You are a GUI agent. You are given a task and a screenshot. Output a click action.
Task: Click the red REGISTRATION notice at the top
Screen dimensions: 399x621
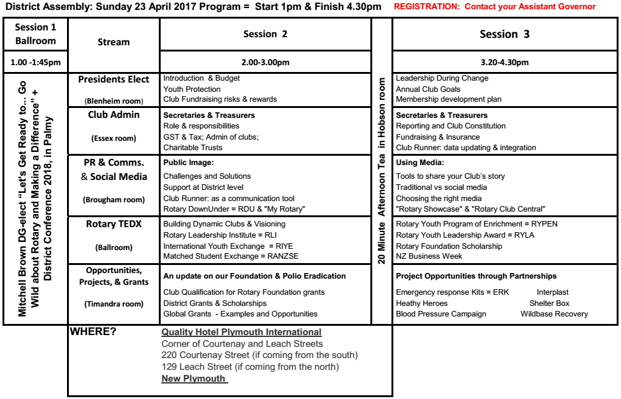click(494, 7)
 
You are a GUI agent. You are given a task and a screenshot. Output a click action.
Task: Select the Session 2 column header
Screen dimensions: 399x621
click(265, 34)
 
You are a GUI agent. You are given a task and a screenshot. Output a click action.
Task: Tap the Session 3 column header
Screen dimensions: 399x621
click(504, 34)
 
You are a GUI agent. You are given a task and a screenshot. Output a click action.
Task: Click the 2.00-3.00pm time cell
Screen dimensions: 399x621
click(266, 62)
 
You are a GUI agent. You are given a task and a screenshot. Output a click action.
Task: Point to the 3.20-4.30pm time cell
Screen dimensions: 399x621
click(504, 62)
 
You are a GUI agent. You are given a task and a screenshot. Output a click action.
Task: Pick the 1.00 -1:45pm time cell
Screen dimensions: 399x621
click(35, 62)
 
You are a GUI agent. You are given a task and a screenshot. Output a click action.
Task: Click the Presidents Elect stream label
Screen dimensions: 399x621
click(114, 79)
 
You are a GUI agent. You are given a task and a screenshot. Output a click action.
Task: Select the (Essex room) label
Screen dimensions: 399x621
click(114, 139)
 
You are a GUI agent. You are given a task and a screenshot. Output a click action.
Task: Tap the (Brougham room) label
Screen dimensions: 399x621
click(114, 200)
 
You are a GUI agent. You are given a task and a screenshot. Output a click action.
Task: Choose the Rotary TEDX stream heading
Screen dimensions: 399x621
click(114, 225)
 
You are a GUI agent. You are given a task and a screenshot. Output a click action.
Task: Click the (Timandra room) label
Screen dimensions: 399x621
click(114, 303)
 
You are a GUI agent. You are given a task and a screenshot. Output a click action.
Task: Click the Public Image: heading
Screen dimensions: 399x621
click(188, 163)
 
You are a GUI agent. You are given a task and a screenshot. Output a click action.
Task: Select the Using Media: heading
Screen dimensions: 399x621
click(420, 163)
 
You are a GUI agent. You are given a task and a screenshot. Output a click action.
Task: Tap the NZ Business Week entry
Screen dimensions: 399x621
click(429, 256)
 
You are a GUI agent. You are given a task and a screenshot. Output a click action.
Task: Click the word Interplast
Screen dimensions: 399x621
click(552, 292)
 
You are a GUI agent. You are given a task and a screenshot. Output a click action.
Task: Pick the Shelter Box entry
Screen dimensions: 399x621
click(549, 303)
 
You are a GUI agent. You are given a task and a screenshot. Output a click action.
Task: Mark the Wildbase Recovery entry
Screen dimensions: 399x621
click(554, 314)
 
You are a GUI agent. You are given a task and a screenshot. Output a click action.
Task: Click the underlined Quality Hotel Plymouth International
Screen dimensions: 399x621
click(241, 333)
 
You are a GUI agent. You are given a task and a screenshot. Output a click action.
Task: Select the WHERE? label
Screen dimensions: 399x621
click(93, 332)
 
